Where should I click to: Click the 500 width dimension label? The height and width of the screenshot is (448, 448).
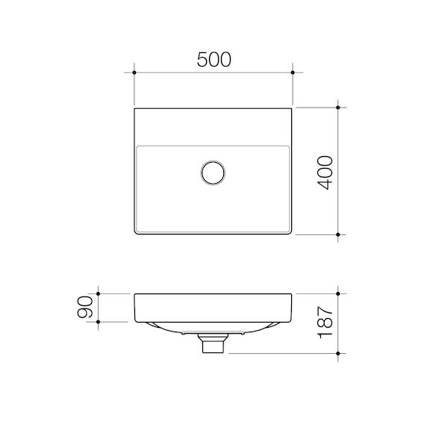(x=214, y=60)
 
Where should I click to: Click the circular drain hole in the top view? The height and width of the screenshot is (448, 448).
(x=213, y=172)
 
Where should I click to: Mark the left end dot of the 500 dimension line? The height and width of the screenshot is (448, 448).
(x=134, y=72)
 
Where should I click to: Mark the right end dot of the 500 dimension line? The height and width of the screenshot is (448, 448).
(x=293, y=72)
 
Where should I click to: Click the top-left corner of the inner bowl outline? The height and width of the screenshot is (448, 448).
(x=138, y=146)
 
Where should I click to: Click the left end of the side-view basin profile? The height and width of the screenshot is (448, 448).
(x=134, y=306)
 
